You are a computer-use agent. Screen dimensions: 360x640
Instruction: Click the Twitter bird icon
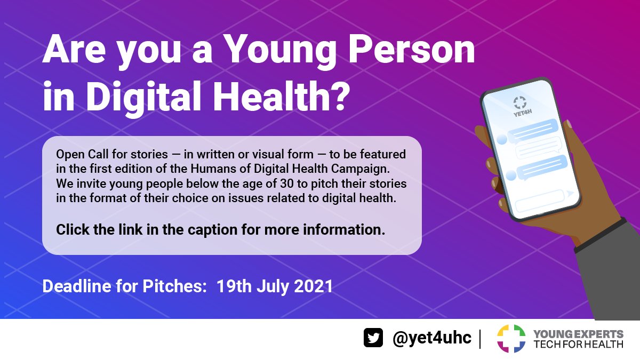(x=373, y=338)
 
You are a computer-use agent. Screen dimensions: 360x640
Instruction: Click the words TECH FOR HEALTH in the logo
(x=578, y=344)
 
